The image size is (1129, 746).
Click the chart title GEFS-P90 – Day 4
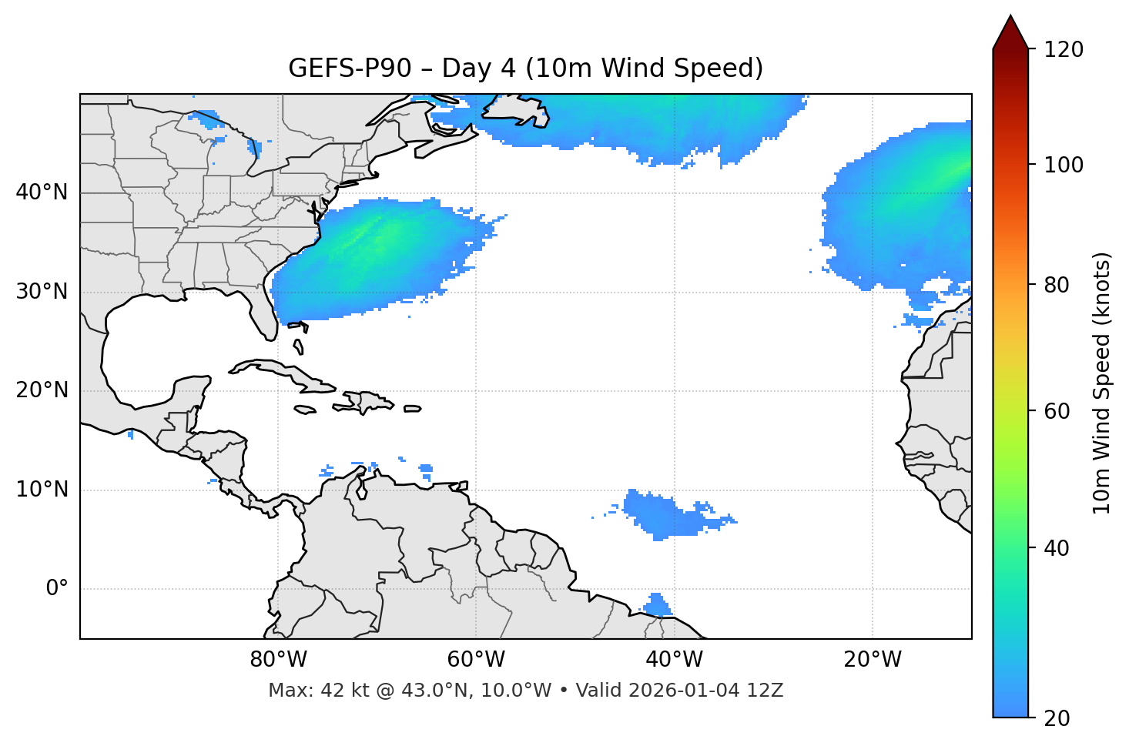tap(525, 69)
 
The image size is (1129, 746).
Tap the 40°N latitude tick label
tap(42, 192)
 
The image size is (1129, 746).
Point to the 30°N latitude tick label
tap(42, 292)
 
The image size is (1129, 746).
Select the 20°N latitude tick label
tap(42, 390)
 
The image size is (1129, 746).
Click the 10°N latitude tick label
tap(42, 490)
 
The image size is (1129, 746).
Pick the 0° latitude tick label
tap(57, 589)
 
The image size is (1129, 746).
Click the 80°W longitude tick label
tap(278, 660)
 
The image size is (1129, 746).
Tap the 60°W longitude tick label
tap(476, 660)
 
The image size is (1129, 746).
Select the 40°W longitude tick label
tap(674, 660)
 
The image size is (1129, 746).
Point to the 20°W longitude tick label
tap(872, 660)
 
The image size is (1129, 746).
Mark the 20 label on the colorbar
tap(1057, 718)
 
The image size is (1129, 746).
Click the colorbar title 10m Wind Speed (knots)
tap(1102, 383)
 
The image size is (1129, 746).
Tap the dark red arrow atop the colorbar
tap(1010, 32)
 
